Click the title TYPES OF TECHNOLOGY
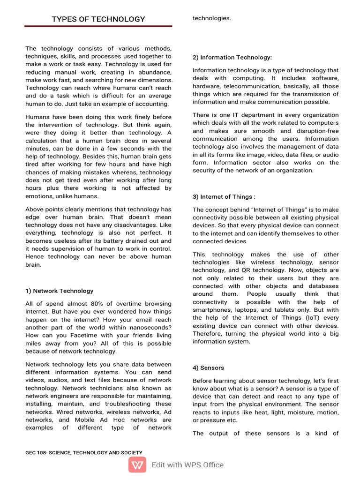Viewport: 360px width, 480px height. pyautogui.click(x=98, y=19)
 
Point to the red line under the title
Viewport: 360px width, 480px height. pyautogui.click(x=98, y=26)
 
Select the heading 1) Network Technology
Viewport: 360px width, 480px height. pyautogui.click(x=59, y=291)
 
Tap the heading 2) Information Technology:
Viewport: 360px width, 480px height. pyautogui.click(x=232, y=57)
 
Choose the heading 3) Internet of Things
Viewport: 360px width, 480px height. pyautogui.click(x=224, y=197)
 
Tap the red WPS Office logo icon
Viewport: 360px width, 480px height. pyautogui.click(x=137, y=465)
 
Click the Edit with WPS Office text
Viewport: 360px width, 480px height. pyautogui.click(x=187, y=465)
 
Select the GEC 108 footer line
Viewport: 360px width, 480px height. pyautogui.click(x=84, y=452)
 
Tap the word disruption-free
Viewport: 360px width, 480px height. pyautogui.click(x=315, y=131)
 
